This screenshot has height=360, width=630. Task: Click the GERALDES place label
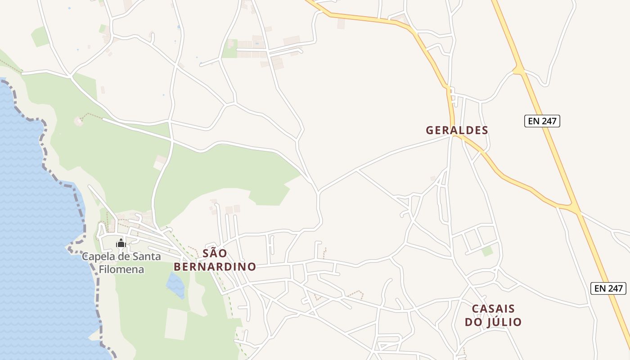click(x=457, y=130)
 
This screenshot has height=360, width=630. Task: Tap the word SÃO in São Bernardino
click(x=215, y=253)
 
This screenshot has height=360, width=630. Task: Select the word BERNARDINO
click(x=215, y=267)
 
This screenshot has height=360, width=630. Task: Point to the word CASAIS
click(x=493, y=309)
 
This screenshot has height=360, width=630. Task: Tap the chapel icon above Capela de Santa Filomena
click(x=121, y=243)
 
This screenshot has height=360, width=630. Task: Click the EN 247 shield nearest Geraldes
click(x=542, y=121)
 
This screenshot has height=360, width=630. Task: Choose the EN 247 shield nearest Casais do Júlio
click(x=608, y=288)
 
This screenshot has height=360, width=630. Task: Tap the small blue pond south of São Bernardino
click(x=175, y=284)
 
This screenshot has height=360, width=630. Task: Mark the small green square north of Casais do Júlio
click(x=487, y=251)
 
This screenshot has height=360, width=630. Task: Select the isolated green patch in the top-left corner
click(x=40, y=36)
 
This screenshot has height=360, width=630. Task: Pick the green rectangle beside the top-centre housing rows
click(x=229, y=49)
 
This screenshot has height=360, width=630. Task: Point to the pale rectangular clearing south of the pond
click(x=175, y=324)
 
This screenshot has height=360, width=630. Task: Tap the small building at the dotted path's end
click(x=79, y=121)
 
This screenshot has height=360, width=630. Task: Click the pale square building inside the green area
click(x=160, y=162)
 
